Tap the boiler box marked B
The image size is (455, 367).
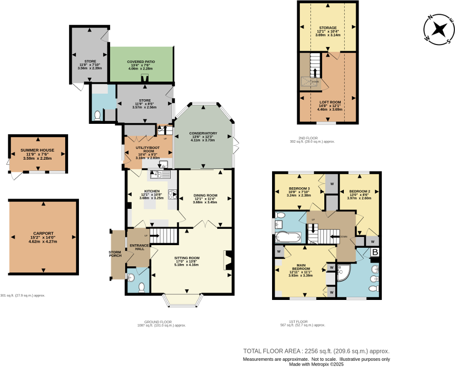click(x=375, y=252)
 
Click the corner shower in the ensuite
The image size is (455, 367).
click(x=344, y=272)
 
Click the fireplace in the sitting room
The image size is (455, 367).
click(x=229, y=260)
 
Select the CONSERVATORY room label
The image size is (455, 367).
click(x=203, y=134)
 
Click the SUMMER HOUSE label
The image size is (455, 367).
click(x=37, y=150)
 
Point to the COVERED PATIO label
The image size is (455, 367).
click(x=141, y=61)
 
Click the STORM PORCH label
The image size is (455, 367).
click(x=115, y=253)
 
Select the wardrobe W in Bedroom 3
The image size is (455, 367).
click(x=332, y=184)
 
